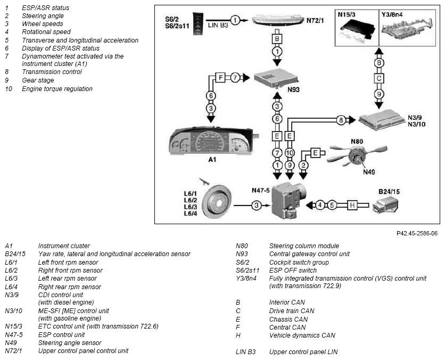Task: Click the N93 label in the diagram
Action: pos(293,89)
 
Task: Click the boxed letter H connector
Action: pos(352,205)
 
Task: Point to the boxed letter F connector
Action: pos(220,78)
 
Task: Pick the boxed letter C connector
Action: pos(379,78)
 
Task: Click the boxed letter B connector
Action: pos(277,39)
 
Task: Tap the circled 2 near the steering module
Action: pos(303,165)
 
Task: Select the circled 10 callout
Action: pos(290,153)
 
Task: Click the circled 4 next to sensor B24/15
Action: pos(320,205)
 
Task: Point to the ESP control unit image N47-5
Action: pos(287,201)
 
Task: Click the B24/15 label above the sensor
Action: pos(389,192)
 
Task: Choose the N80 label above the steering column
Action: pos(357,141)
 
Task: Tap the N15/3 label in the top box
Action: pos(347,15)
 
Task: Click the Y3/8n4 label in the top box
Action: pos(392,14)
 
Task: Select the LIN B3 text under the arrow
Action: pos(218,25)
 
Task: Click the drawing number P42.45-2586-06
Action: pos(417,233)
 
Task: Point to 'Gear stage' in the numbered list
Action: pos(38,80)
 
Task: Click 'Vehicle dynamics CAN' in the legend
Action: pos(302,336)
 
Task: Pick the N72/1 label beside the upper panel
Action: pos(315,20)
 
